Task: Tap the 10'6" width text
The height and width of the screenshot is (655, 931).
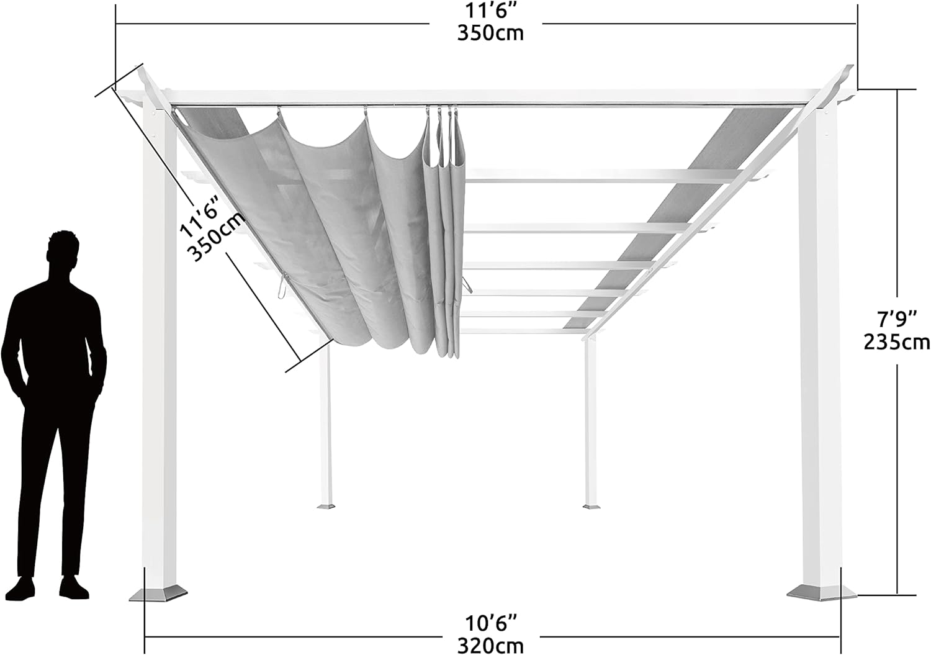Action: point(491,624)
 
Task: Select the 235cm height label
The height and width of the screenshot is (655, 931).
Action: point(897,343)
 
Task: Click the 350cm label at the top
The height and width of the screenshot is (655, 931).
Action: point(490,34)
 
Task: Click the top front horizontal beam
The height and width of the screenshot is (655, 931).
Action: point(486,97)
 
